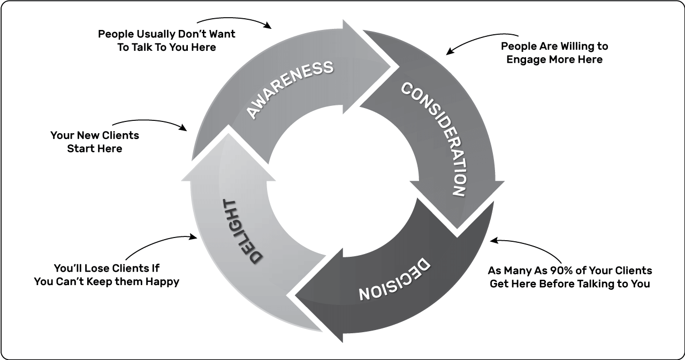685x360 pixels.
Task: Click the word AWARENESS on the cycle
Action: [290, 89]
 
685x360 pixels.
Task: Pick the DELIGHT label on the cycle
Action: [242, 231]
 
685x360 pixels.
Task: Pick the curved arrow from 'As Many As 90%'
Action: [530, 246]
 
